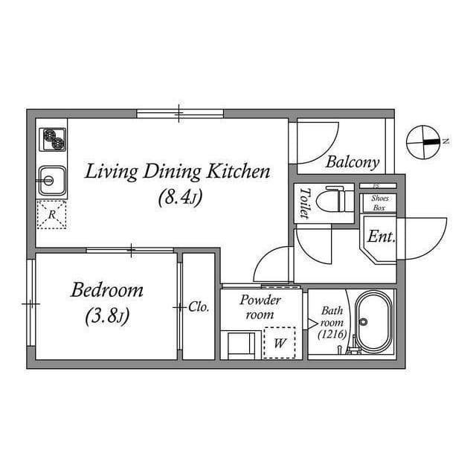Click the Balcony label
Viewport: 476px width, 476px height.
(353, 162)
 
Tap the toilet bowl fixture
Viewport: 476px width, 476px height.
(335, 200)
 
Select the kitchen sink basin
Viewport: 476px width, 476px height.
(52, 181)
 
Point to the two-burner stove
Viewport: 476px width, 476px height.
(52, 139)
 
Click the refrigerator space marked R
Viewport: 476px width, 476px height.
(51, 215)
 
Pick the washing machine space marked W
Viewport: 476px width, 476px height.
(280, 343)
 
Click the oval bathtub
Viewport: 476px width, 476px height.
(373, 322)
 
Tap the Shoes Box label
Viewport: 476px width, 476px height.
(379, 203)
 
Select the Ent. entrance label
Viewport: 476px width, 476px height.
(382, 237)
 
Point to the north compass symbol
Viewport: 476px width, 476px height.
(423, 142)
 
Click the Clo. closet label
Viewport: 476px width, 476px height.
(199, 307)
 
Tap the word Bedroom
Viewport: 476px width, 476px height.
(107, 290)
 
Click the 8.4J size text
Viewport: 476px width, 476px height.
(180, 198)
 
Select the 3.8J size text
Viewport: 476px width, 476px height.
(107, 316)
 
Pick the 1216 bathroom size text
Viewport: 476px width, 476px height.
(332, 335)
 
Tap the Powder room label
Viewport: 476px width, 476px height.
(260, 307)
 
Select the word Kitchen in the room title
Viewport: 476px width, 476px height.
(238, 172)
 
